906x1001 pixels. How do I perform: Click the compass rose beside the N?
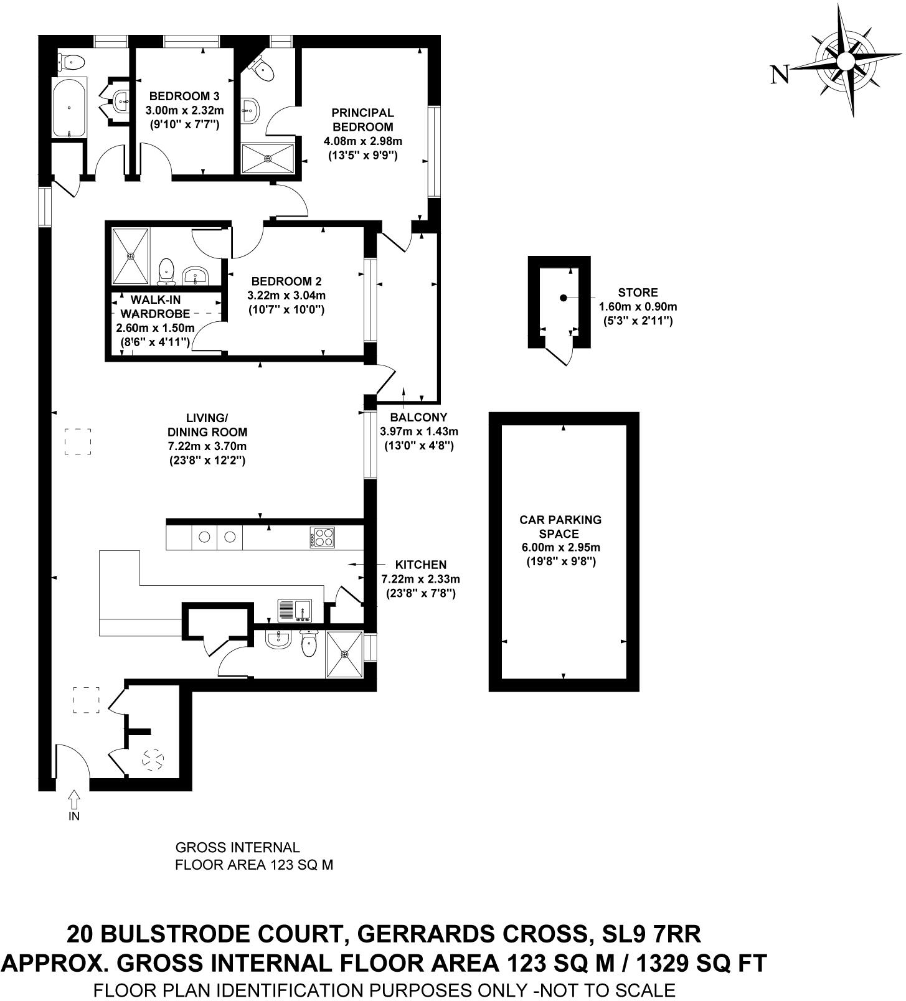coord(845,61)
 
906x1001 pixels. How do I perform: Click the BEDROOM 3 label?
coord(184,96)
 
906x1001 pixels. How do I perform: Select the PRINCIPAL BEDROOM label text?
coord(362,120)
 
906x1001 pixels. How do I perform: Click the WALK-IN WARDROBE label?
coord(155,306)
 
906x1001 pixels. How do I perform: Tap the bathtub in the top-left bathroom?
coord(68,107)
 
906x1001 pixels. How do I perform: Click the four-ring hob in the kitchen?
coord(323,538)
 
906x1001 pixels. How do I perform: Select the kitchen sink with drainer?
coord(295,610)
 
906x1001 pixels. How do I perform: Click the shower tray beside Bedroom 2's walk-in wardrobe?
coord(131,256)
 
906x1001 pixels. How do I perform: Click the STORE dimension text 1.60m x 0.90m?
coord(638,307)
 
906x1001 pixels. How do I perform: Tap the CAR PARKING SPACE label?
coord(560,527)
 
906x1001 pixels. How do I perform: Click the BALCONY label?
coord(418,418)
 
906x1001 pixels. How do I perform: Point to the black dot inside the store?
coord(564,298)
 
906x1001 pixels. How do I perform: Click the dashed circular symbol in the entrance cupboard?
coord(153,759)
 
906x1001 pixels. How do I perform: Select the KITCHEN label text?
coord(422,565)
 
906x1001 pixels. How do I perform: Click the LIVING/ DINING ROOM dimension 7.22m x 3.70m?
coord(207,446)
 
